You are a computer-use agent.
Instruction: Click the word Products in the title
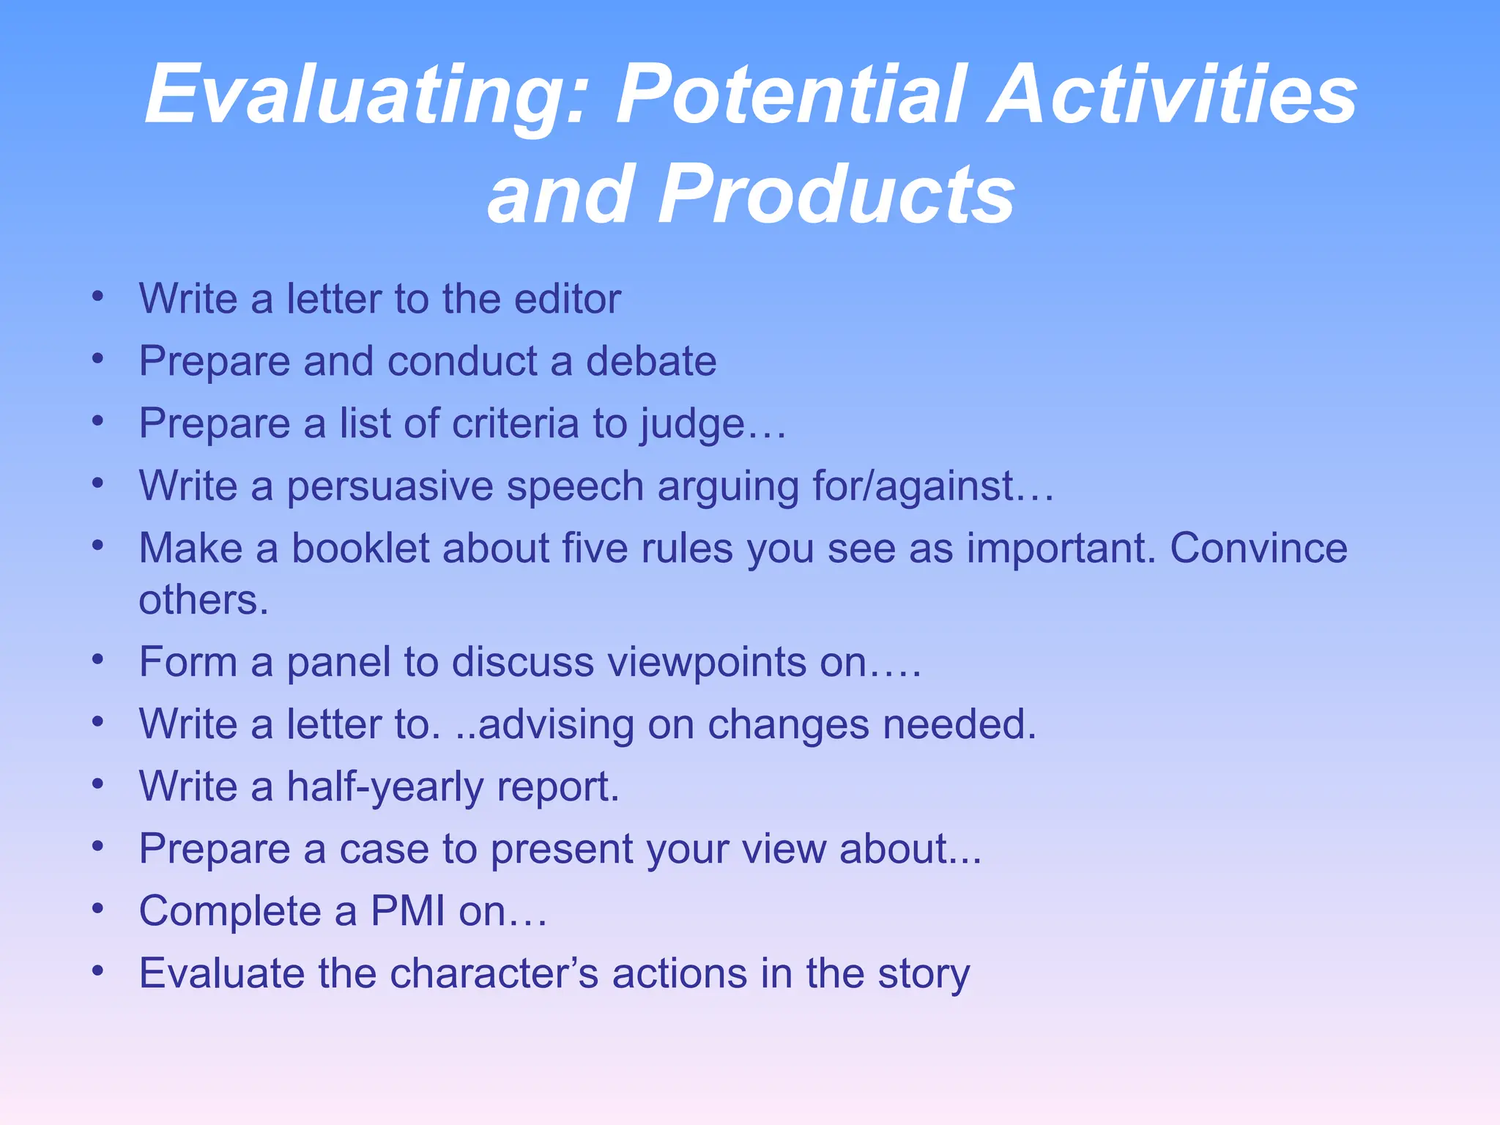(x=835, y=194)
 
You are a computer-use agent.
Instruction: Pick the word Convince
(x=1258, y=548)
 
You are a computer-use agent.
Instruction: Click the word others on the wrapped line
(x=204, y=601)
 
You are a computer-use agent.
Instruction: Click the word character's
(x=494, y=974)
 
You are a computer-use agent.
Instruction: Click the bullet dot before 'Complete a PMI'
(x=98, y=909)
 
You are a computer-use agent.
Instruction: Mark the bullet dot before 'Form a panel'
(x=98, y=660)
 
